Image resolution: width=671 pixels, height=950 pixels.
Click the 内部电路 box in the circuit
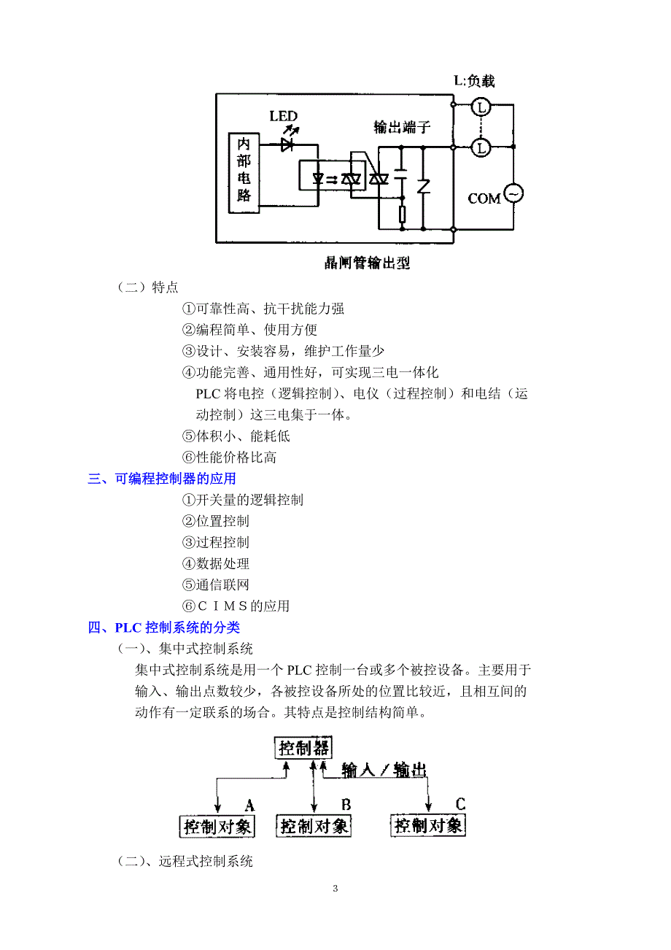tap(244, 173)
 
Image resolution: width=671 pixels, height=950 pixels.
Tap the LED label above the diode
tap(283, 116)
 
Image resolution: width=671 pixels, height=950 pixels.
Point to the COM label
tap(484, 198)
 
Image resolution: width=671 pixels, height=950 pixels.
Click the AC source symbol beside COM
tap(513, 193)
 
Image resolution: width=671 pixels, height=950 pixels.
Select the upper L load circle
tap(481, 107)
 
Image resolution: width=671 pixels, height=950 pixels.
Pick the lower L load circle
tap(481, 147)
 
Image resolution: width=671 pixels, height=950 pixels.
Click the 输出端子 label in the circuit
tap(401, 127)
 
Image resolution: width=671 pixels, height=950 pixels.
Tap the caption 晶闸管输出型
tap(367, 263)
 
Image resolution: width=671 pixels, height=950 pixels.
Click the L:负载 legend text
tap(474, 80)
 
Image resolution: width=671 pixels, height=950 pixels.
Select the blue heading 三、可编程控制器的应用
tap(162, 479)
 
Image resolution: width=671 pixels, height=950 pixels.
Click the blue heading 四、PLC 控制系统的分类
tap(163, 627)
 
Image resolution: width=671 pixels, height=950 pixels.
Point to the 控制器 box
tap(303, 748)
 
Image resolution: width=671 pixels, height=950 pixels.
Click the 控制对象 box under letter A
tap(217, 827)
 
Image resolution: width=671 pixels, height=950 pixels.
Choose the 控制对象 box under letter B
tap(314, 826)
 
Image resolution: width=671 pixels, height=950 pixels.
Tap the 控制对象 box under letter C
tap(428, 825)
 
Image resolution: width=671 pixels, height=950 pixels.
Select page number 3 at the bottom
tap(335, 889)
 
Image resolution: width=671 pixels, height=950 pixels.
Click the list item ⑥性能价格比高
tap(229, 457)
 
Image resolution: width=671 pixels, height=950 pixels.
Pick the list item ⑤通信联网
tap(216, 585)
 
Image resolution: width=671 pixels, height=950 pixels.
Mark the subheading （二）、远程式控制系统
tap(185, 862)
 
